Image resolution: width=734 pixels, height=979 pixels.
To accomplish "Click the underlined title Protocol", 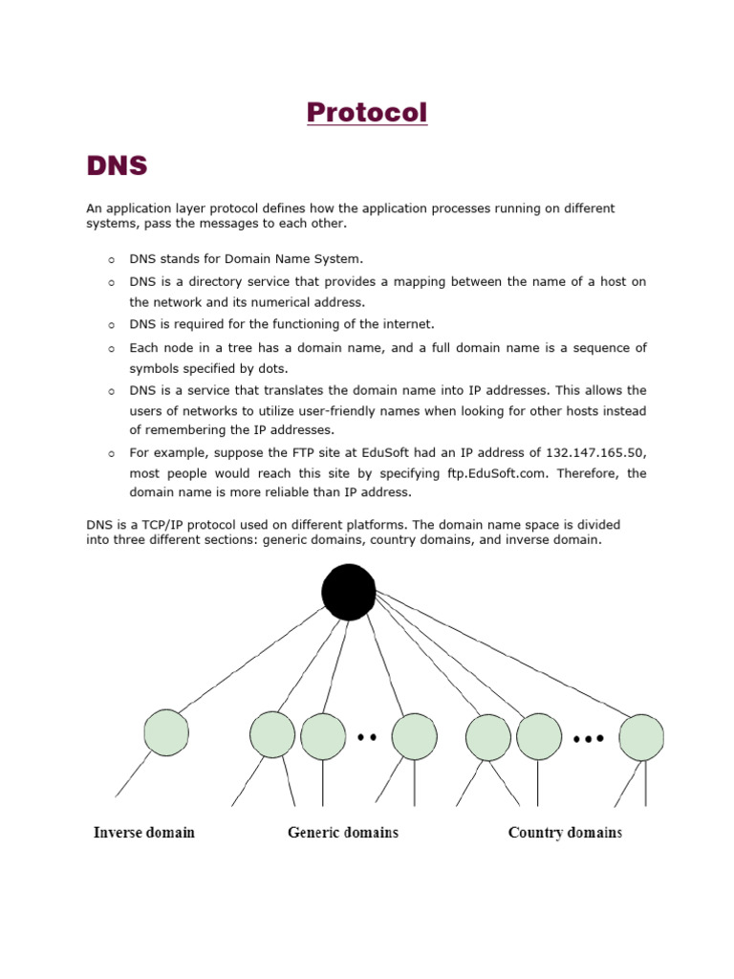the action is [x=367, y=113].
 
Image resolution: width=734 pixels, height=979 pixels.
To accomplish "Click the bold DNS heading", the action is [x=117, y=166].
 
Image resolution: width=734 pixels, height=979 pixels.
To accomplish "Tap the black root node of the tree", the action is [x=349, y=591].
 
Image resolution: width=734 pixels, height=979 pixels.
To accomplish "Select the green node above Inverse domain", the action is [x=167, y=732].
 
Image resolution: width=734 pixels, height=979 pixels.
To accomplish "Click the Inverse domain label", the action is [x=144, y=833].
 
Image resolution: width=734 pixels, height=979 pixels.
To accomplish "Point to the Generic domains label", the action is [x=343, y=833].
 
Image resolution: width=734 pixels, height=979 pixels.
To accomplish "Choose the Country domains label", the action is [x=565, y=833].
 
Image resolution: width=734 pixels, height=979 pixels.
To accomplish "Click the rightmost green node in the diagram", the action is [x=640, y=737].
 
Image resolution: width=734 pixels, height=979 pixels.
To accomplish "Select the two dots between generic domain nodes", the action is [x=367, y=737].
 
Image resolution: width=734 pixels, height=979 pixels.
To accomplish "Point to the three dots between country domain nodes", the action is [x=589, y=739].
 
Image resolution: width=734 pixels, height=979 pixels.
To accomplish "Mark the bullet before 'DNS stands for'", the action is [x=111, y=259].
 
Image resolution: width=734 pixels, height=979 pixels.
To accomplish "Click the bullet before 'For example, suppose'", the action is [x=111, y=453].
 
